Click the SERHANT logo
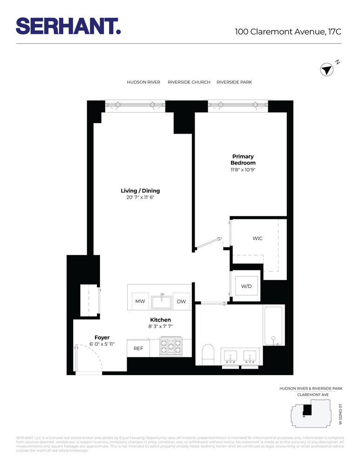coord(68,26)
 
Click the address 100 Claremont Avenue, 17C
coord(288,32)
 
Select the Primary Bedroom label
coord(243,160)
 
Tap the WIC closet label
coord(258,238)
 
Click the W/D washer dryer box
coord(246,286)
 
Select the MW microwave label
coord(140,302)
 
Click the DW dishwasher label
coord(181,302)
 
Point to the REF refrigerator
coord(138,348)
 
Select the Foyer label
coord(102,337)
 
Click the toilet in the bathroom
coord(208,354)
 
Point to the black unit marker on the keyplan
coord(307,410)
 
